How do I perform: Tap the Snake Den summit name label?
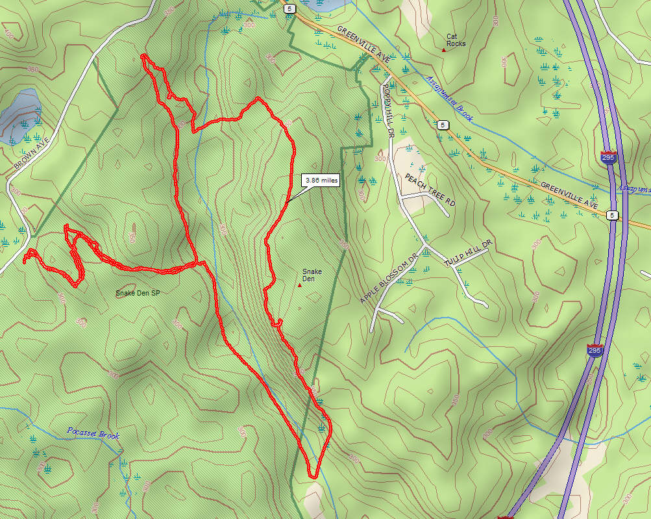pos(309,275)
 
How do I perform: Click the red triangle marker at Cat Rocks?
pos(444,49)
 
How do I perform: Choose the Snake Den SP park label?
pos(138,293)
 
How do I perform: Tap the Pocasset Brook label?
pos(93,433)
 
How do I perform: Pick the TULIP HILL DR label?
pos(469,252)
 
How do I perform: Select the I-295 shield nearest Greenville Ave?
pos(609,158)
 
